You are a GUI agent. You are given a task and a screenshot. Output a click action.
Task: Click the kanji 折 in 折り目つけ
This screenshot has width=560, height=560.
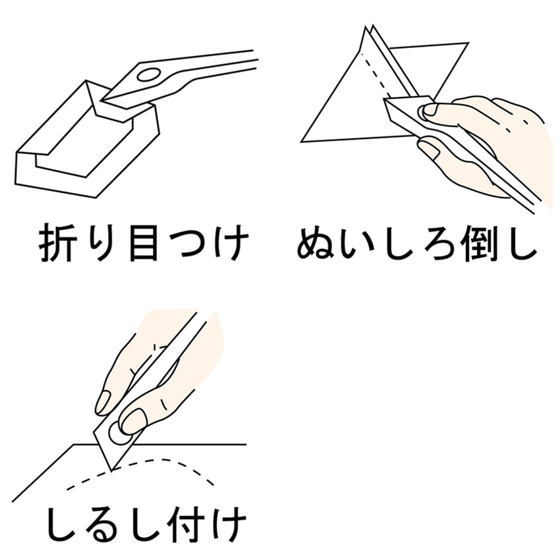(58, 243)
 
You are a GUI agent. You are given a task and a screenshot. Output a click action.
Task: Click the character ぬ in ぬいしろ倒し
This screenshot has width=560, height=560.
(316, 244)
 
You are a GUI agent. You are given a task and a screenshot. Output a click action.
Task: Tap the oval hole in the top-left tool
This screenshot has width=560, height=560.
(149, 75)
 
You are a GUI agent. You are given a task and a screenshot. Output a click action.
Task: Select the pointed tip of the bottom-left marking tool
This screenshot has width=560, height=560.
(111, 470)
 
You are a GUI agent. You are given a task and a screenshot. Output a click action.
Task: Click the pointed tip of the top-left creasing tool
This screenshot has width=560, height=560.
(101, 100)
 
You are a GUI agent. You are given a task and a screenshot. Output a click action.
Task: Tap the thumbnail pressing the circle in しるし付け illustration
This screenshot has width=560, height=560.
(133, 421)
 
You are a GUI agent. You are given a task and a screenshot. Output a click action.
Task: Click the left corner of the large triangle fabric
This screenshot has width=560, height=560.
(302, 142)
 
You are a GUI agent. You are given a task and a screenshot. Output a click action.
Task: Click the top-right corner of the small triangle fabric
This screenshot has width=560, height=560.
(468, 43)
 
